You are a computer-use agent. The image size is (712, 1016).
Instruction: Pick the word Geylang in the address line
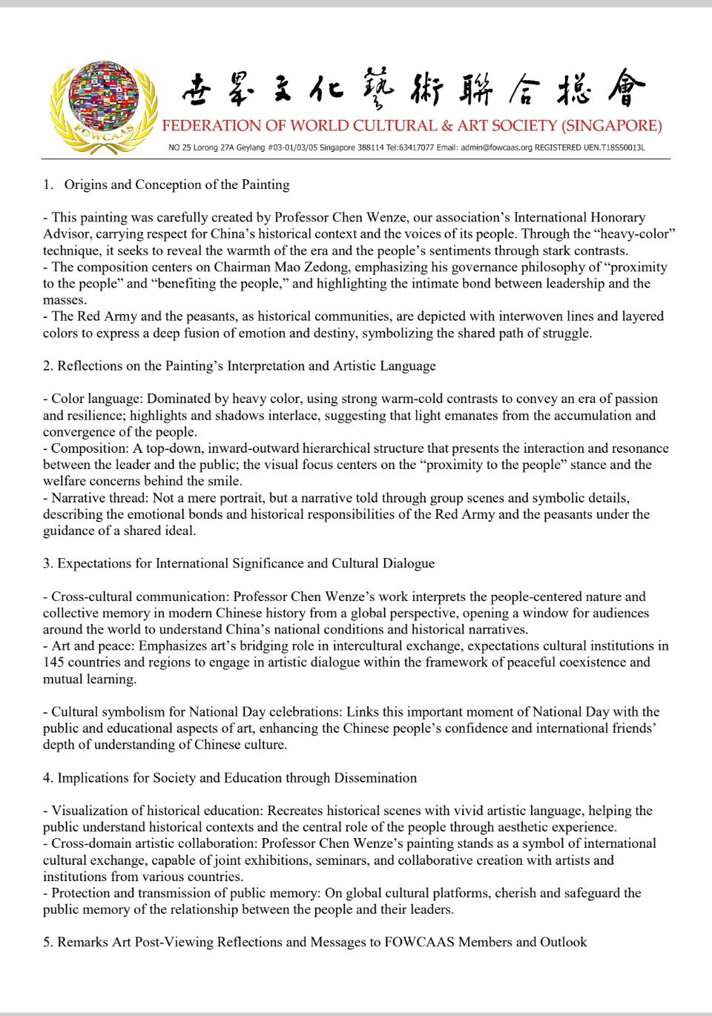tap(248, 147)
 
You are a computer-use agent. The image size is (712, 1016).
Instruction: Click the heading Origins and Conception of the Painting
tap(177, 185)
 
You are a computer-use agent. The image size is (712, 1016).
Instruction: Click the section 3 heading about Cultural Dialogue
tap(245, 563)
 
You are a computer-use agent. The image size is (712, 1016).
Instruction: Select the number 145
tap(53, 663)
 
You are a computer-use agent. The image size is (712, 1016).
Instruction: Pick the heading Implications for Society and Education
tap(237, 777)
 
